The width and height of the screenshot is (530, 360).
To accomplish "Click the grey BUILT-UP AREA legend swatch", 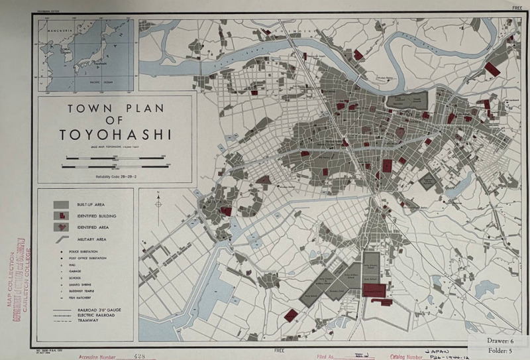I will click(x=61, y=204).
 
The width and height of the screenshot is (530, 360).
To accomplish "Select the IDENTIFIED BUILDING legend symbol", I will click(x=61, y=215).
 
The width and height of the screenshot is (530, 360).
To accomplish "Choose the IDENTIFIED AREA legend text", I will click(x=93, y=227).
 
